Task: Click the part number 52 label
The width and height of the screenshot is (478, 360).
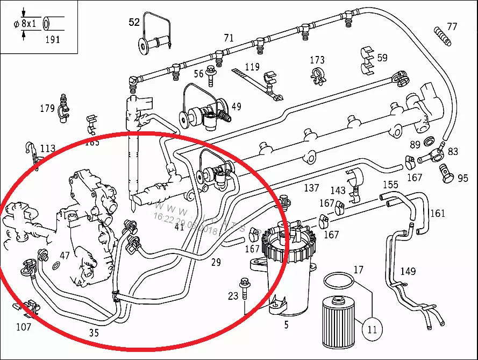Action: (x=134, y=22)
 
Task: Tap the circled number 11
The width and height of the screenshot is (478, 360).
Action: (x=372, y=329)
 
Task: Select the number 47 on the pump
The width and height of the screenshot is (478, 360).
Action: (x=65, y=256)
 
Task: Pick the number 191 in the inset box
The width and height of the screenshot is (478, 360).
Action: (x=52, y=39)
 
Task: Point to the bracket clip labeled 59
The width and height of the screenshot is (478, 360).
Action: (x=368, y=60)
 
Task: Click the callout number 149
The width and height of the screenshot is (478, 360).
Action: (x=408, y=272)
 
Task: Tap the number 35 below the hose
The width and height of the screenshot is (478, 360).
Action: (x=94, y=333)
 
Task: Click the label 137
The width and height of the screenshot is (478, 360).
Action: (x=312, y=188)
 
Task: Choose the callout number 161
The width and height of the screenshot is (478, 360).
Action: (x=438, y=214)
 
